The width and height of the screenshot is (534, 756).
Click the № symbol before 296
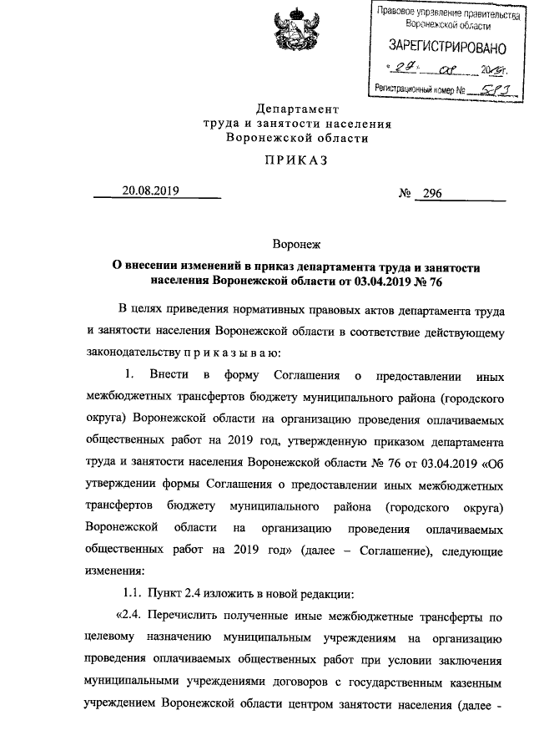(406, 194)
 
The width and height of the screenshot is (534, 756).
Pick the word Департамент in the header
(298, 109)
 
